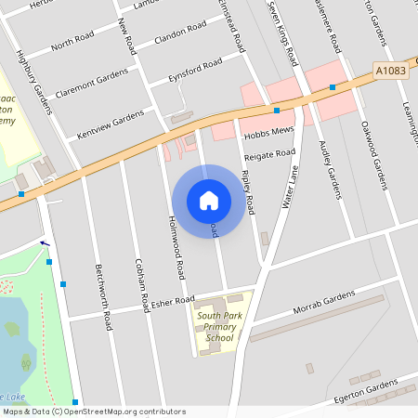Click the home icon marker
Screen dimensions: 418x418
click(x=209, y=200)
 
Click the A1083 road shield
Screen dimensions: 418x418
click(x=392, y=70)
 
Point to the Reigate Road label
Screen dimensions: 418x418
click(x=269, y=153)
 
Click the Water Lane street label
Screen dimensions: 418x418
click(x=288, y=189)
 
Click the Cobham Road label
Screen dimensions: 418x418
click(x=142, y=284)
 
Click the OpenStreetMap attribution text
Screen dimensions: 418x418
click(x=93, y=411)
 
